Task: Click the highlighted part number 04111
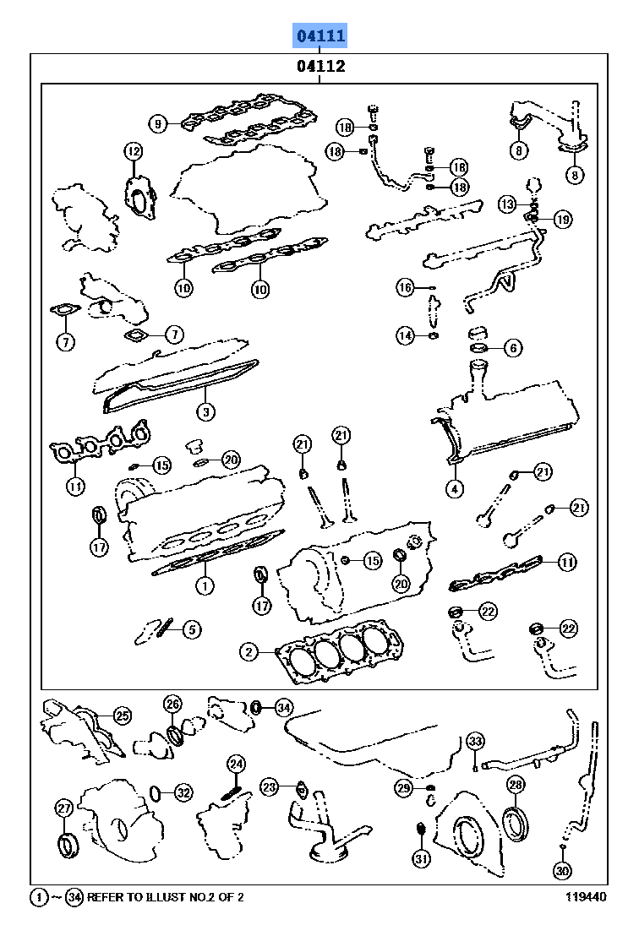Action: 320,35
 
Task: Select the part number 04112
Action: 320,67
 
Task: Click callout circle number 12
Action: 134,151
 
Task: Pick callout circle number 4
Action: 454,487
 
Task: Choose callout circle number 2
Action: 248,651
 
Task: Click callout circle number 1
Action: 203,584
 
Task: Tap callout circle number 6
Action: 513,347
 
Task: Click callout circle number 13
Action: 507,204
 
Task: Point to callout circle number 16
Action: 406,288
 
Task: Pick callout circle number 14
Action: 406,336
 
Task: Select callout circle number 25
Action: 123,716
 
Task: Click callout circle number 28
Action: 516,785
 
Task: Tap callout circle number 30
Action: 562,870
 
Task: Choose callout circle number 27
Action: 64,808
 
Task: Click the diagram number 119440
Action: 586,898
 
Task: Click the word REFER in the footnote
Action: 106,898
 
